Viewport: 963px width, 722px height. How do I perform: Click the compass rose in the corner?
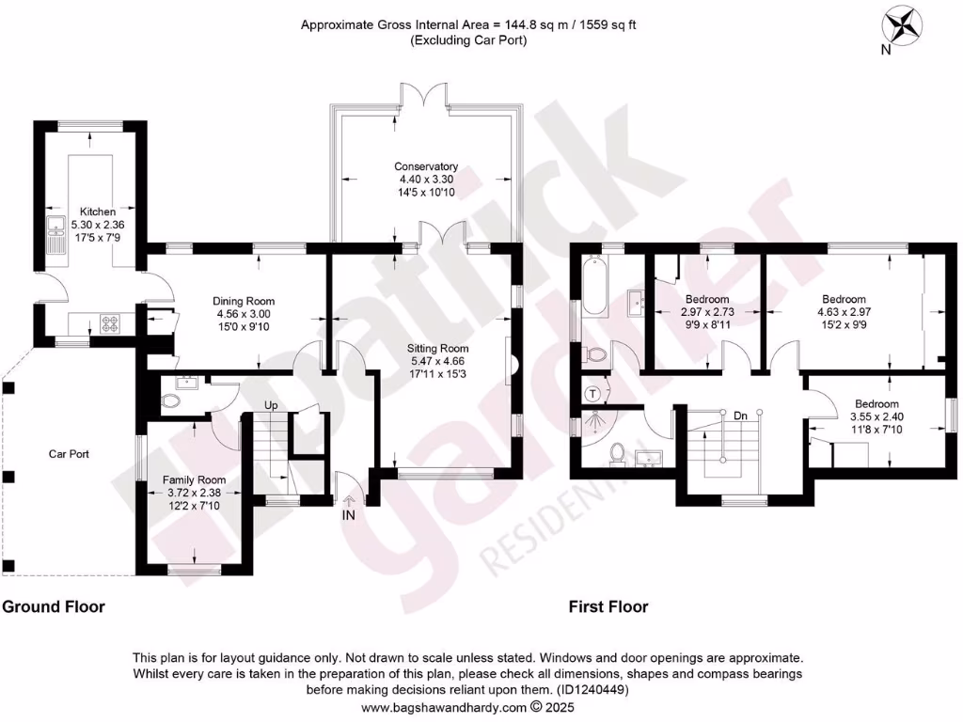point(904,24)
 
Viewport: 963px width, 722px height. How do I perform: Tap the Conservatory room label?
point(426,166)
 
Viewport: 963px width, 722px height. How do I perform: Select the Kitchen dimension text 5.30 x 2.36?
point(98,225)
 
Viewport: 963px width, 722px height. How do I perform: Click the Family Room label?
point(195,479)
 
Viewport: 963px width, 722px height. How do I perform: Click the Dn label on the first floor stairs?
point(740,414)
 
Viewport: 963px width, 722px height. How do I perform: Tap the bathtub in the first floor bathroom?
point(596,289)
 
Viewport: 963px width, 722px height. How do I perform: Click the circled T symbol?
point(593,394)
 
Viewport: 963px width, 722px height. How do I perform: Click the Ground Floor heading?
point(54,606)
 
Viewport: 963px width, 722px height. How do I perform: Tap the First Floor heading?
point(608,606)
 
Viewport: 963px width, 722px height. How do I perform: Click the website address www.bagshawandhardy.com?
point(444,707)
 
